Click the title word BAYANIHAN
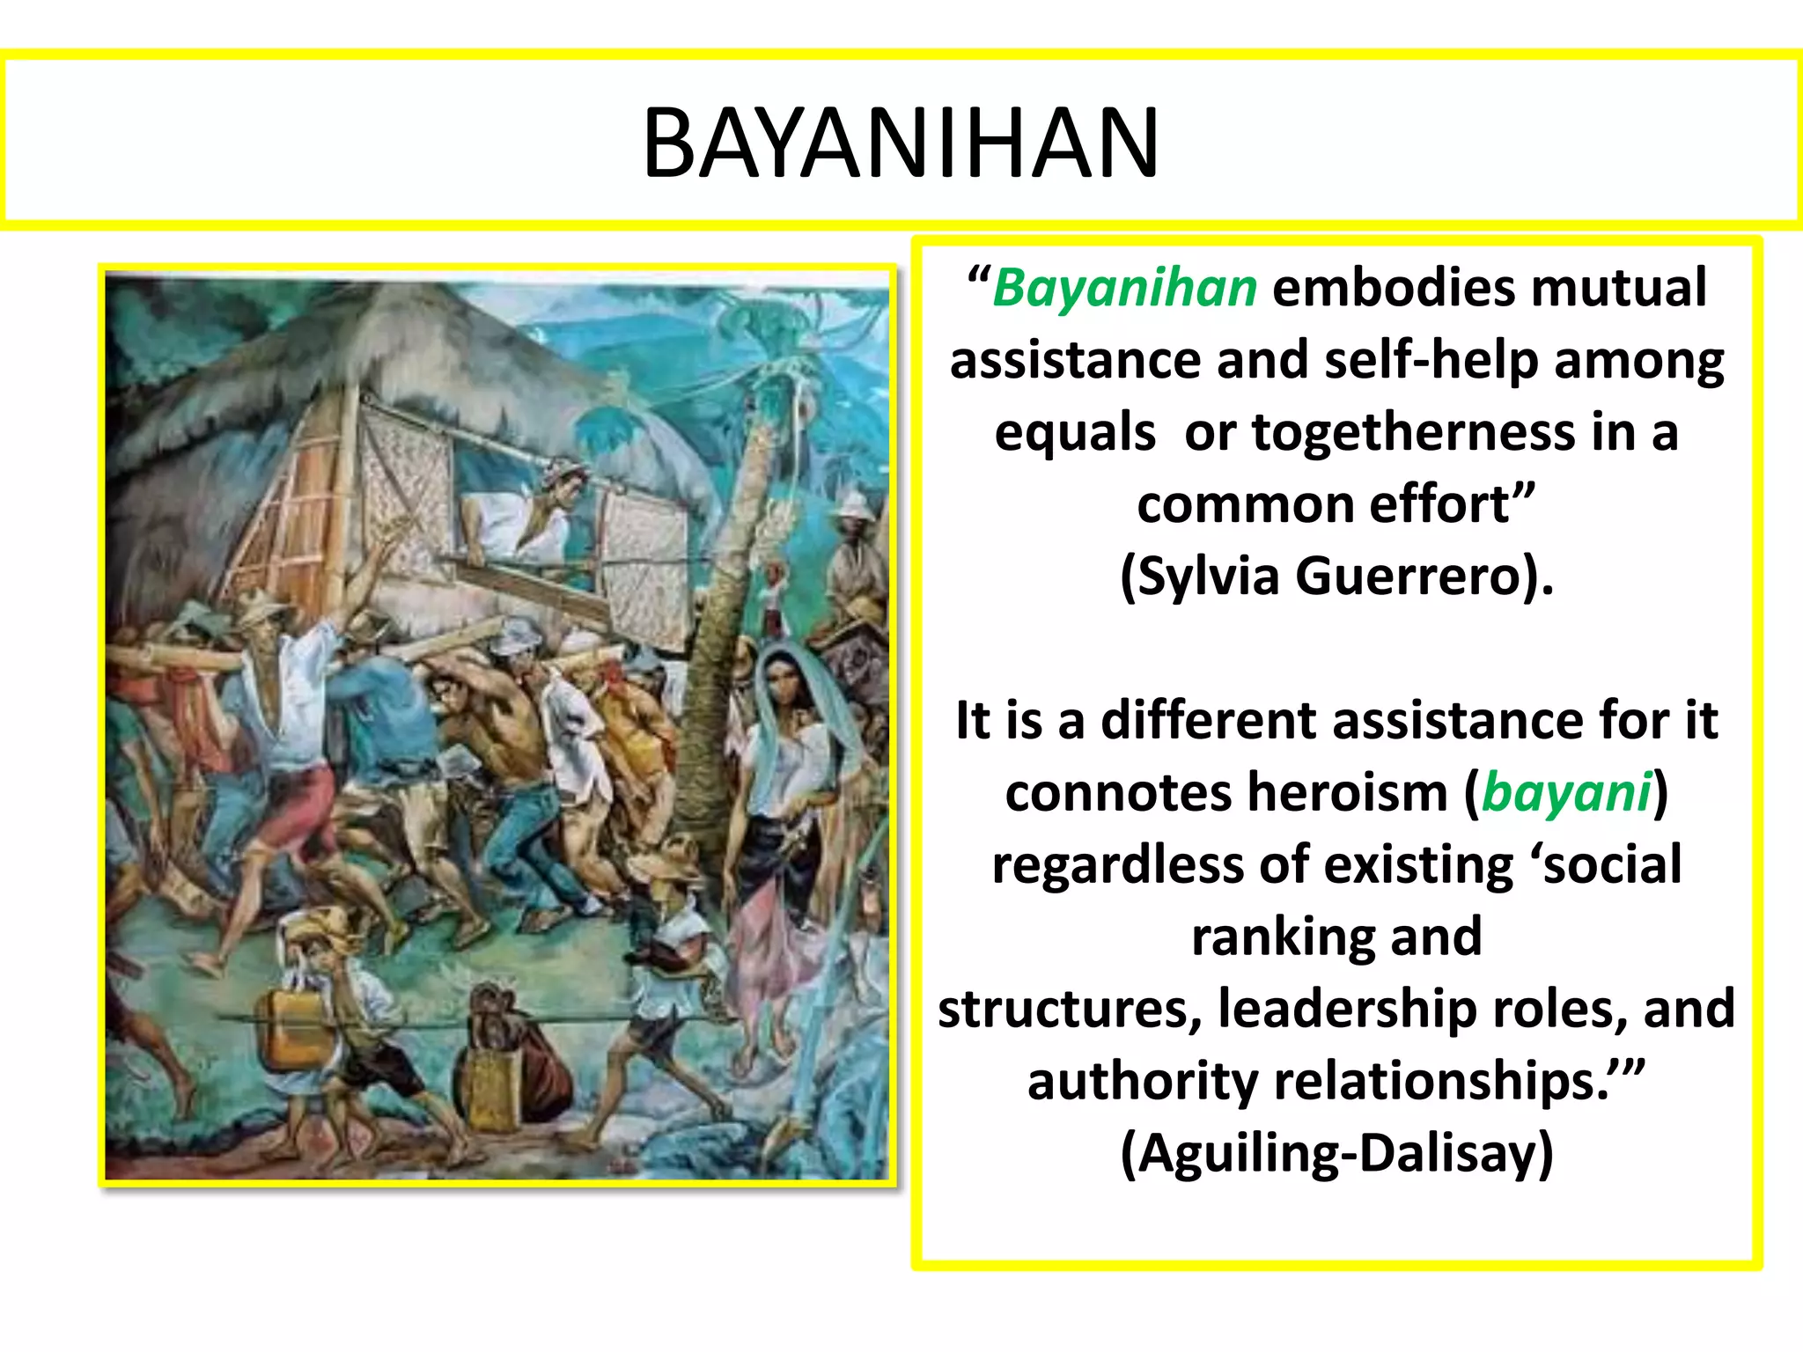901,143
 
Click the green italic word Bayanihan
1125,288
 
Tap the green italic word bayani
1566,792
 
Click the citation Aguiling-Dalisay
1336,1153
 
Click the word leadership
1346,1009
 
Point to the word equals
1075,432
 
